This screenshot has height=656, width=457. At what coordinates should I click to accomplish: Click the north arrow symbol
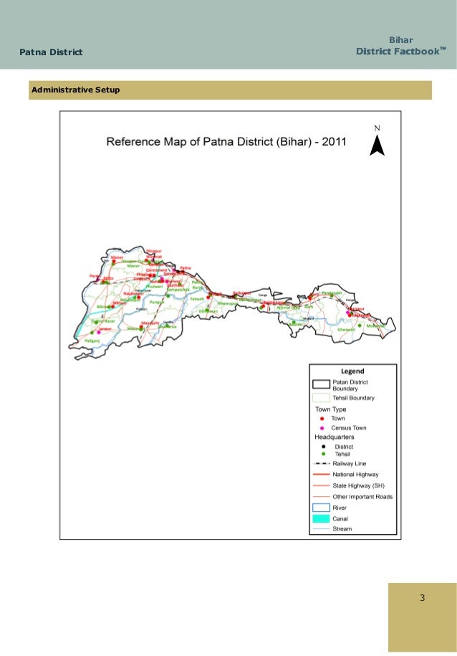pyautogui.click(x=377, y=145)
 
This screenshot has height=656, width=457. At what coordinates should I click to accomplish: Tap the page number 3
pyautogui.click(x=423, y=598)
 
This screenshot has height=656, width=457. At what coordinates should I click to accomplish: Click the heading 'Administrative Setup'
pyautogui.click(x=74, y=90)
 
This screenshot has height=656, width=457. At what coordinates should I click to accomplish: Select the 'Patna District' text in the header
pyautogui.click(x=51, y=52)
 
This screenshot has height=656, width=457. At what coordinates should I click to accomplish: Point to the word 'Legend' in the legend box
pyautogui.click(x=352, y=371)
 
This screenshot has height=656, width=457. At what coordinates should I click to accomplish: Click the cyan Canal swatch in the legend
pyautogui.click(x=320, y=518)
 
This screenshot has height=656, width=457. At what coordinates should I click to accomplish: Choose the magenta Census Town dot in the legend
pyautogui.click(x=322, y=427)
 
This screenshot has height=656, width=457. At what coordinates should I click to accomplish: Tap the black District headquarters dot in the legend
pyautogui.click(x=323, y=446)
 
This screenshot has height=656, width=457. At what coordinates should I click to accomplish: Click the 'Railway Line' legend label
pyautogui.click(x=349, y=464)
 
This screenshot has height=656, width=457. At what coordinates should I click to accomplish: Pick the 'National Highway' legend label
pyautogui.click(x=355, y=475)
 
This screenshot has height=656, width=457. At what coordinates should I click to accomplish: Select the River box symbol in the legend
pyautogui.click(x=320, y=508)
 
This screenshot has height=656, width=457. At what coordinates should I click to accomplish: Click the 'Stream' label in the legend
pyautogui.click(x=342, y=529)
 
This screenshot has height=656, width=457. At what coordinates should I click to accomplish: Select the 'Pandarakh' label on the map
pyautogui.click(x=332, y=293)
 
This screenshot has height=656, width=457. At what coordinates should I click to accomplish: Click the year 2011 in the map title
pyautogui.click(x=334, y=142)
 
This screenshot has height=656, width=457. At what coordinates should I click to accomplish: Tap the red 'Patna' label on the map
pyautogui.click(x=186, y=267)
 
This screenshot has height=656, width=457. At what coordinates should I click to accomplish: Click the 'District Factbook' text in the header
pyautogui.click(x=398, y=52)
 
